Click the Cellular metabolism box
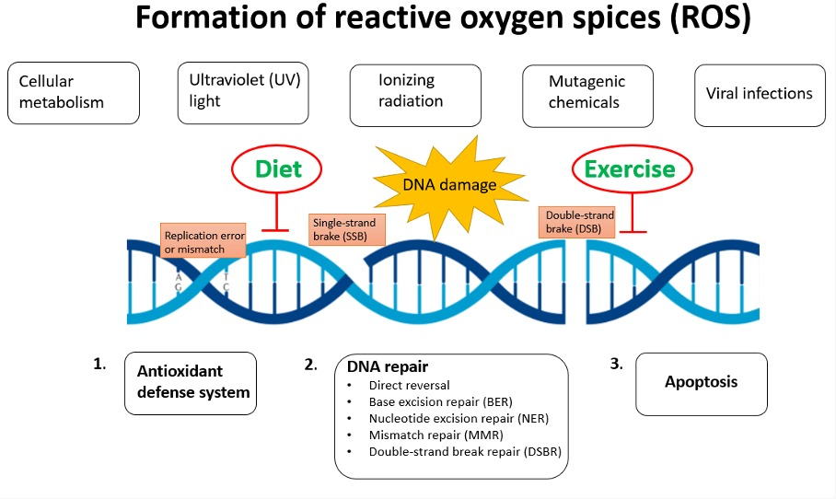[73, 93]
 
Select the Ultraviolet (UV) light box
[242, 91]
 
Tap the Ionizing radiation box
[415, 91]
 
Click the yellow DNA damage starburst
[447, 183]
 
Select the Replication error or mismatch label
[203, 241]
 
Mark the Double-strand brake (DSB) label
[575, 221]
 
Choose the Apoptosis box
[702, 382]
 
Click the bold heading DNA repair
[388, 366]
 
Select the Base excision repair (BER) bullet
[440, 401]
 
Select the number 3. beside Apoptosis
[617, 364]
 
